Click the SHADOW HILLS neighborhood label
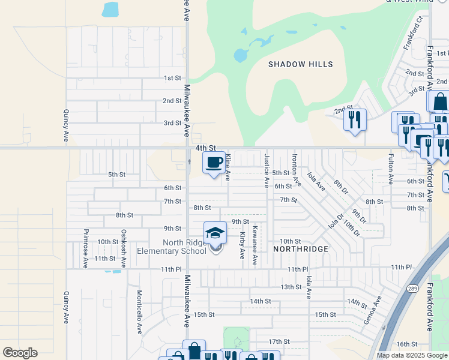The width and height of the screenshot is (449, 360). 300,64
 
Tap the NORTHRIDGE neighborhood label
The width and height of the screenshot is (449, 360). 301,248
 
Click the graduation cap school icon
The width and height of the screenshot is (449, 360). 215,233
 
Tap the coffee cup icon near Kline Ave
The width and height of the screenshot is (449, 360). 214,163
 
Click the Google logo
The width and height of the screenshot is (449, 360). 20,353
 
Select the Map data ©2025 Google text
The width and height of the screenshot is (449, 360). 412,355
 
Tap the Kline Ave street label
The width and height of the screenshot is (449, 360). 228,167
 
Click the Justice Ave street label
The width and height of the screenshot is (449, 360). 267,170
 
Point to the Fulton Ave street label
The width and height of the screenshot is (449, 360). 391,169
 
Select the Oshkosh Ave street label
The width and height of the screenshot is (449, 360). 124,247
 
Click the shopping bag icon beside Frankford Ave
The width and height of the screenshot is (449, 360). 439,101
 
